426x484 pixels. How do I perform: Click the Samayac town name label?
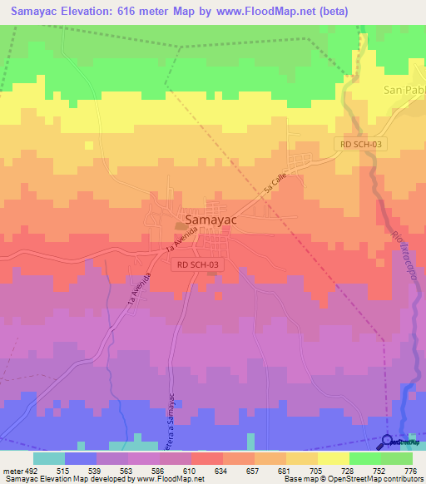[x=213, y=220]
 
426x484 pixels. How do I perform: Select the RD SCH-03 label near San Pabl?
[x=362, y=144]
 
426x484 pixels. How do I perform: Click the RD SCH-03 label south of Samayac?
[x=198, y=264]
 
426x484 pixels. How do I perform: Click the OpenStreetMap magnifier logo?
[x=389, y=442]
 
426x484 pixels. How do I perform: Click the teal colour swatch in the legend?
[x=48, y=458]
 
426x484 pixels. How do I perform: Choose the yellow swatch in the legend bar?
[x=334, y=458]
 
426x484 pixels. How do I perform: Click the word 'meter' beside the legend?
[x=11, y=471]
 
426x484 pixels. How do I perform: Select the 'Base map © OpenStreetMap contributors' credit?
[x=352, y=479]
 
